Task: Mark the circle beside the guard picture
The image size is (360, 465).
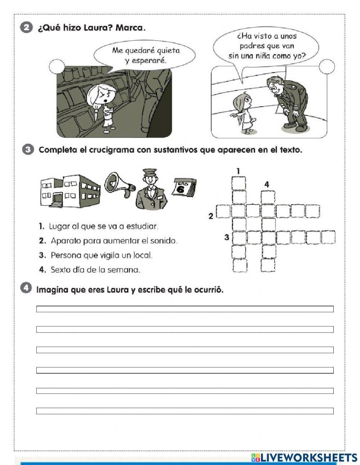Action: (x=327, y=67)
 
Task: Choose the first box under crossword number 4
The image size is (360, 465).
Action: (x=268, y=197)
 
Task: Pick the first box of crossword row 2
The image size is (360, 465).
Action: (x=223, y=211)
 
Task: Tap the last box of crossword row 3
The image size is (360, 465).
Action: (x=328, y=237)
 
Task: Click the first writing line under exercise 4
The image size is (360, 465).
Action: (x=185, y=309)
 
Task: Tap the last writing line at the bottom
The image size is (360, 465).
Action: (x=185, y=411)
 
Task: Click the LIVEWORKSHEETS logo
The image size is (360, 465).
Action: (x=304, y=457)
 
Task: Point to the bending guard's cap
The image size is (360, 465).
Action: (x=275, y=81)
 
